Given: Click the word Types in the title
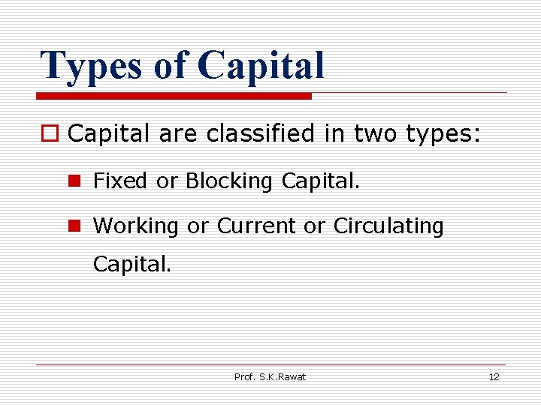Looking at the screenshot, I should [90, 66].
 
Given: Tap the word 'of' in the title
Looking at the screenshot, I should [170, 66].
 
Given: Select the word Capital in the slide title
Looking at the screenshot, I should [261, 66].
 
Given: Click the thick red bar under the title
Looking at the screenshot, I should [174, 96].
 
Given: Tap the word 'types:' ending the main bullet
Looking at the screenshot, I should [443, 135].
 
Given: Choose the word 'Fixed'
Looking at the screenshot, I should [120, 181].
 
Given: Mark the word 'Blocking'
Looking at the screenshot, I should [229, 181].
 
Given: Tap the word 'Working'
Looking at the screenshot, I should [136, 226].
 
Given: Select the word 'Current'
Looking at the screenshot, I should [257, 226].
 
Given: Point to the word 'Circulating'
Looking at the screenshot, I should [388, 226].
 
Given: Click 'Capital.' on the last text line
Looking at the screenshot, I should [132, 264].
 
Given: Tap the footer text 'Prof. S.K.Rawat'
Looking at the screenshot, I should [270, 376].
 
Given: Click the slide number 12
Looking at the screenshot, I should [494, 376].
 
